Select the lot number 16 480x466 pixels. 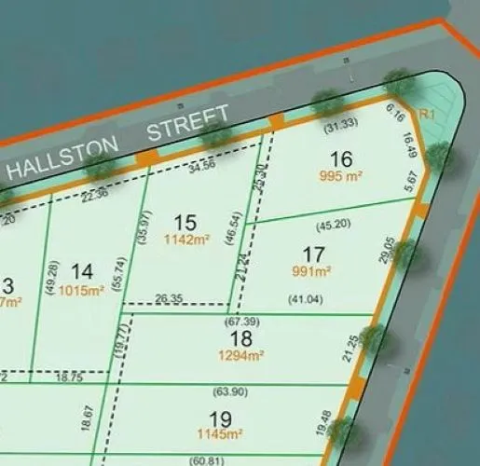tap(341, 160)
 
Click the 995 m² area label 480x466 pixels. tap(342, 177)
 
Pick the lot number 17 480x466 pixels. tap(315, 254)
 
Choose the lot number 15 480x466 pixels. tap(185, 222)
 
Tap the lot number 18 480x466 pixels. tap(241, 338)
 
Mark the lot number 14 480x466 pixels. tap(82, 271)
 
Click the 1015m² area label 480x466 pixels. tap(82, 290)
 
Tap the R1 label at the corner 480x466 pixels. tap(429, 114)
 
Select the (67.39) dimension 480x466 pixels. tap(240, 322)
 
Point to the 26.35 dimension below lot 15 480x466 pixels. tap(170, 299)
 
